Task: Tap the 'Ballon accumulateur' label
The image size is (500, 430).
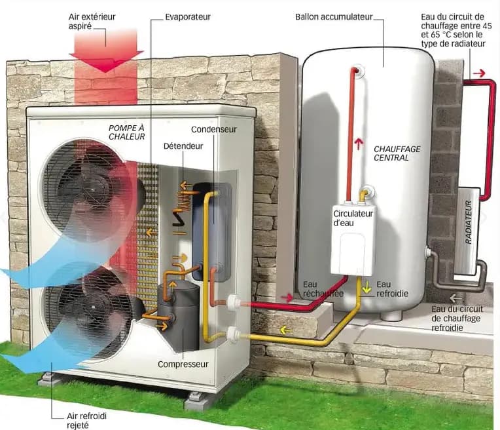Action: click(333, 16)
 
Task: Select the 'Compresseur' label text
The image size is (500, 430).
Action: click(183, 364)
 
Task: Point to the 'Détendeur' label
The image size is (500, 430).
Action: click(183, 145)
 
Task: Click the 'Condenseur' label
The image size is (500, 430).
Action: click(213, 129)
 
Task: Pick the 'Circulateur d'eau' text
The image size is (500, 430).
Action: click(353, 218)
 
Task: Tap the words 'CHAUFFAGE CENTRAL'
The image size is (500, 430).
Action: click(397, 153)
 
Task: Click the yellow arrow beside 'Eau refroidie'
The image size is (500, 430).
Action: click(367, 286)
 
